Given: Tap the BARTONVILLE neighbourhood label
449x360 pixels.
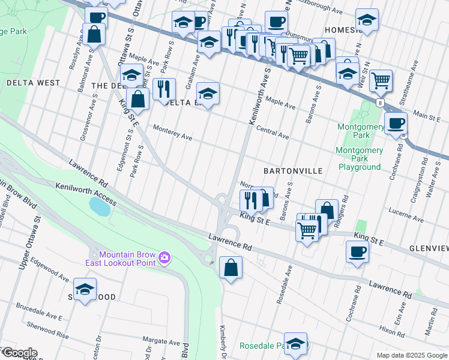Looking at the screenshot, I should tap(293, 171).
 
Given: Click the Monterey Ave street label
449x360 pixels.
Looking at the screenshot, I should tap(172, 133).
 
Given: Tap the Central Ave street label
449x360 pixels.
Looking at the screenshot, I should tap(272, 133).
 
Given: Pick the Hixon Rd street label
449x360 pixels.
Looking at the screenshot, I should tap(392, 329).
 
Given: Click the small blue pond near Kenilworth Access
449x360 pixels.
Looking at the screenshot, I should tap(100, 206).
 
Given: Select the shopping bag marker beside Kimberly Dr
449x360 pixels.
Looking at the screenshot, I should tap(231, 268).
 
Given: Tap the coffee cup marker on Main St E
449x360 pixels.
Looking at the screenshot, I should tap(396, 124).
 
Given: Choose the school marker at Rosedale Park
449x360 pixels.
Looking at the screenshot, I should tap(295, 344).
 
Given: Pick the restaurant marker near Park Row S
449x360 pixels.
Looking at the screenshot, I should tap(164, 89).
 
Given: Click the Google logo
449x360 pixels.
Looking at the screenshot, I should tap(19, 353).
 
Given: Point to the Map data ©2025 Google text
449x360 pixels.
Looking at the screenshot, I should tap(411, 355).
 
